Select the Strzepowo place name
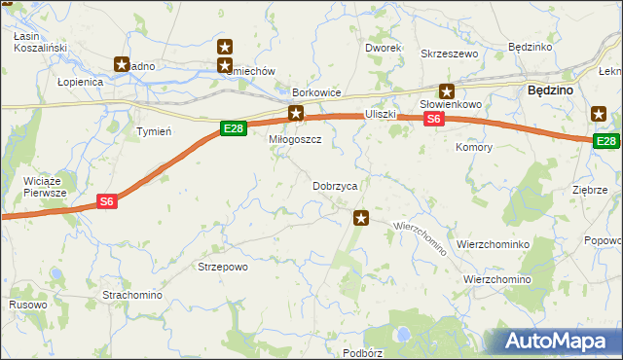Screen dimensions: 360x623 pos(223,266)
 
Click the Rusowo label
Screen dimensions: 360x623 pos(27,305)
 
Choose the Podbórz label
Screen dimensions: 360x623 pos(363,352)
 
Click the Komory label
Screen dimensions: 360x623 pos(474,148)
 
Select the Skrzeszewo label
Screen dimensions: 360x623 pos(449,54)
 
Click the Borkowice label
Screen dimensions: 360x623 pos(317,92)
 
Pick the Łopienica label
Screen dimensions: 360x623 pos(53,82)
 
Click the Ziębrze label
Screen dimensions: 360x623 pos(591,191)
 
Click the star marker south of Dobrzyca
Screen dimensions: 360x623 pos(361,218)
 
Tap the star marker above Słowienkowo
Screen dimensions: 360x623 pos(446,90)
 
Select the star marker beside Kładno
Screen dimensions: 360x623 pos(122,64)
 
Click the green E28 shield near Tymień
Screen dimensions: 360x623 pos(233,128)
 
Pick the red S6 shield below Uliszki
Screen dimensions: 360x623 pos(434,119)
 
